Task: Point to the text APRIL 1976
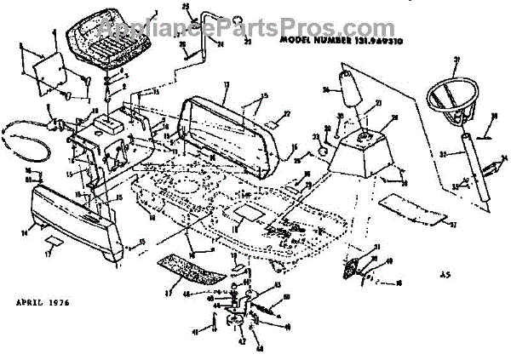[43, 302]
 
